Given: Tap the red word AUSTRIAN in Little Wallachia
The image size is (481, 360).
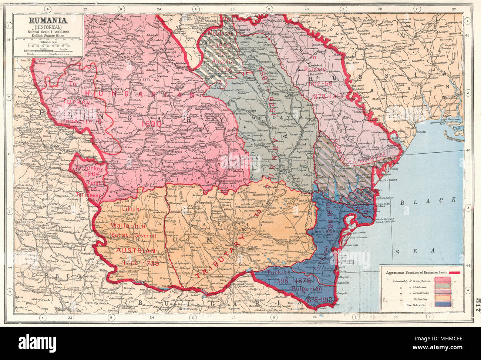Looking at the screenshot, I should pos(136,251).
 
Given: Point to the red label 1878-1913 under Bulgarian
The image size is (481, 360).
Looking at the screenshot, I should pos(320,299).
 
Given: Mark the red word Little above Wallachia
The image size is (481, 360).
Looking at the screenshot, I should pos(130,209).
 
